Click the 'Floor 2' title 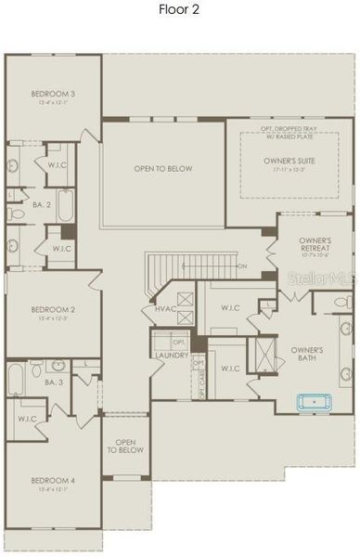click(179, 10)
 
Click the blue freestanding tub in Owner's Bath click(315, 403)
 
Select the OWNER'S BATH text click(305, 354)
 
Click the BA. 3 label click(53, 382)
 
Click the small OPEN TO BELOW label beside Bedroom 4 click(124, 447)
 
